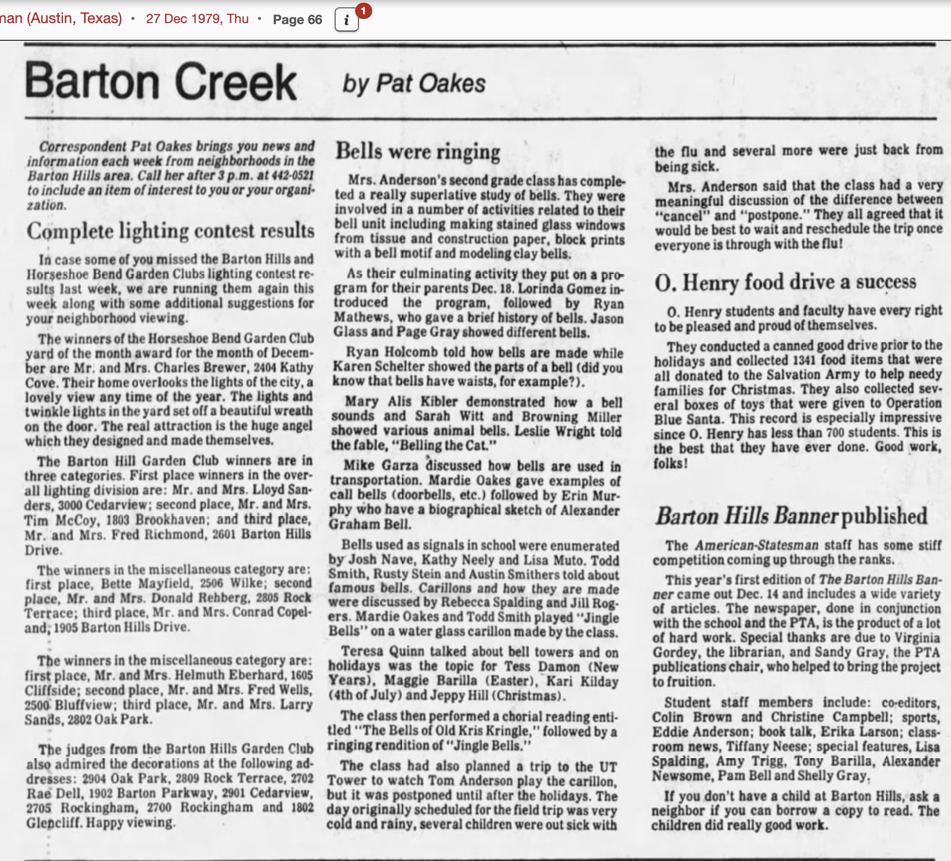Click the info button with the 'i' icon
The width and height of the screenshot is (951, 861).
click(x=346, y=20)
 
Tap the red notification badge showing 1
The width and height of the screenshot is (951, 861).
click(x=363, y=10)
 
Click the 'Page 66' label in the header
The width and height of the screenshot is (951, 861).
click(x=297, y=20)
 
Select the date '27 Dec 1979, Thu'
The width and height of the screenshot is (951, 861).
click(x=197, y=19)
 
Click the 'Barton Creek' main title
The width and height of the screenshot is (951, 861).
click(x=161, y=82)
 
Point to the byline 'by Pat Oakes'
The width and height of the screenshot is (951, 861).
click(x=414, y=84)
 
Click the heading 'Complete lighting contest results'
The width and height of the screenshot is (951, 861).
click(x=170, y=231)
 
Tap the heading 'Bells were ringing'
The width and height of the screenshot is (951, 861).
click(x=418, y=152)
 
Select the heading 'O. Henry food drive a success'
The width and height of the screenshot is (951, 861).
click(x=785, y=282)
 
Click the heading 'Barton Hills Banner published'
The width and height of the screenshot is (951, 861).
click(x=792, y=515)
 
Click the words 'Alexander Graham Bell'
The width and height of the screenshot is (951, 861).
click(x=474, y=517)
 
